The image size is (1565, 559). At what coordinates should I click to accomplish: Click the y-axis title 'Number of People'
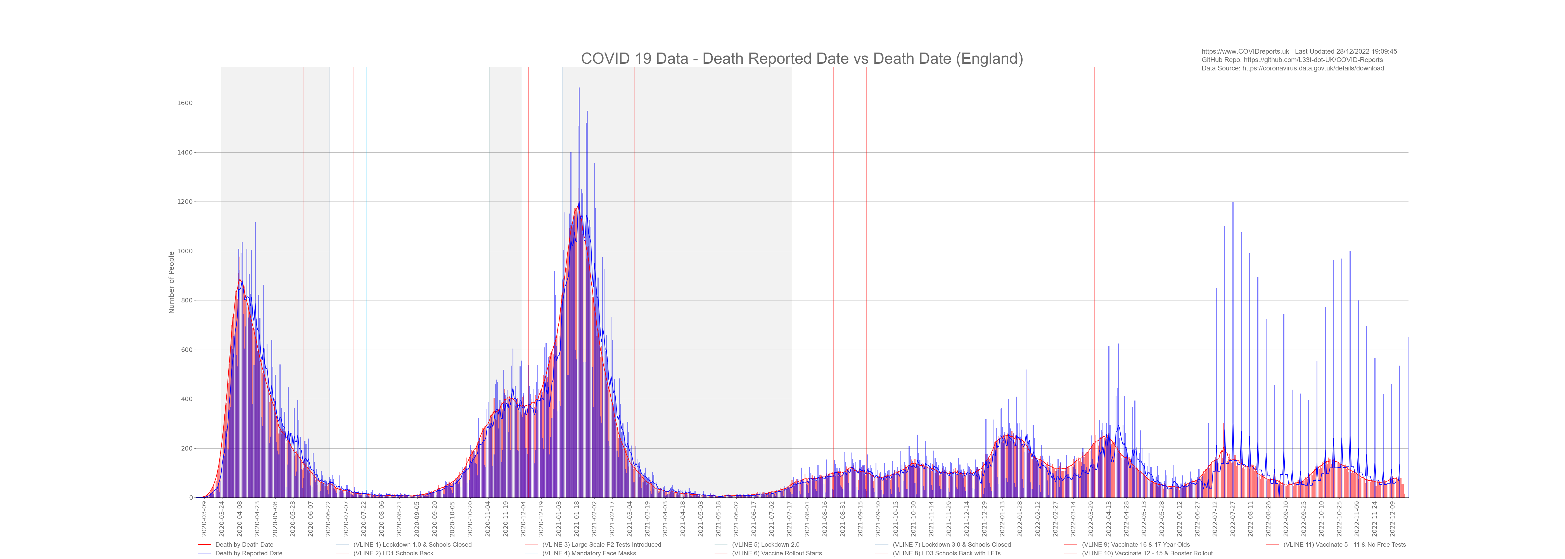(171, 283)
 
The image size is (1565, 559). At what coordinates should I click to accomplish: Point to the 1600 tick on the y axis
(185, 103)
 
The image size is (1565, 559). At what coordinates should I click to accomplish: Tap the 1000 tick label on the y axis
(185, 251)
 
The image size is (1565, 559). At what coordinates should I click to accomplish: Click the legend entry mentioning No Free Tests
(1344, 544)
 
